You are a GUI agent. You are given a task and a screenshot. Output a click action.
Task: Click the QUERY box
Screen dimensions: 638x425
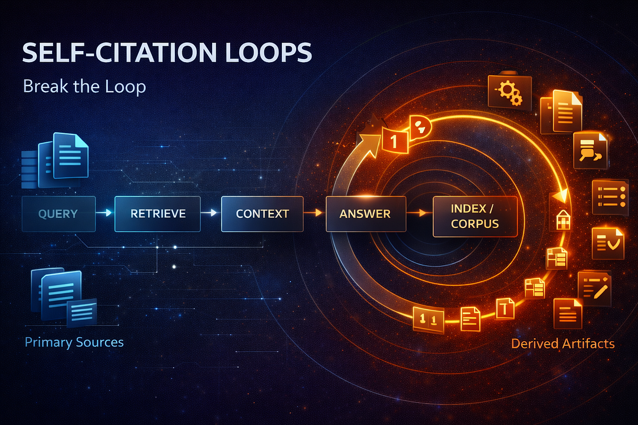coord(58,214)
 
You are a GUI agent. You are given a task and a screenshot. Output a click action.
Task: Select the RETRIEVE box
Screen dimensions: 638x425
coord(157,214)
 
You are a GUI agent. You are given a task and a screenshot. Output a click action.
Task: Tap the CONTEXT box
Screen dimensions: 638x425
coord(262,214)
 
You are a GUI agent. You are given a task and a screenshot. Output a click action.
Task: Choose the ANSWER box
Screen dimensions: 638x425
coord(366,214)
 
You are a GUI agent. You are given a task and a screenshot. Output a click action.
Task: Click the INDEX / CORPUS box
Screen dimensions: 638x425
coord(475,216)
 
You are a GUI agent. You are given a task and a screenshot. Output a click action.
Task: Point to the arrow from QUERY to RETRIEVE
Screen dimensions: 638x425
coord(104,212)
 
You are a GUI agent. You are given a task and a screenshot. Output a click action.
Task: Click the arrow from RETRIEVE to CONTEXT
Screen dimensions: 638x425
coord(209,212)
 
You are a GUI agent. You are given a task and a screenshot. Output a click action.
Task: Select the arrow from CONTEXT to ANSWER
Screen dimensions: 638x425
coord(313,212)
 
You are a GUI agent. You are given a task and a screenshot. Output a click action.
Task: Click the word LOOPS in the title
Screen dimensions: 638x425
coord(269,53)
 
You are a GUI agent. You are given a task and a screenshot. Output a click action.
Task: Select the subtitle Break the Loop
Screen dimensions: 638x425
coord(85,86)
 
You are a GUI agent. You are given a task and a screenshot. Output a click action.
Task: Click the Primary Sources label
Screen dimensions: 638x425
coord(74,342)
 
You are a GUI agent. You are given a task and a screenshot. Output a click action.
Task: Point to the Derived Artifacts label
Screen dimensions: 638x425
coord(563,344)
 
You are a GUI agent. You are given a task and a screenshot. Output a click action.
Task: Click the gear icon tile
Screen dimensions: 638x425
coord(510,92)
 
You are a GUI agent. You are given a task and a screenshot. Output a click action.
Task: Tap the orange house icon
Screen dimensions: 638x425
coord(563,220)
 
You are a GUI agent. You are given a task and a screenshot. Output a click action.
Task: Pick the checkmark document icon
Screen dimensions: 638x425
coord(608,244)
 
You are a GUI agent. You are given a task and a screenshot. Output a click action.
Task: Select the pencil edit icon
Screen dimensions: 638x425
coord(595,288)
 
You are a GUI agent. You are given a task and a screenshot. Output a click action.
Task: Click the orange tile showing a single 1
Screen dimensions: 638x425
coord(394,141)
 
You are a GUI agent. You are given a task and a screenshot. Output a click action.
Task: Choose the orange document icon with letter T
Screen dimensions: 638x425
coord(505,308)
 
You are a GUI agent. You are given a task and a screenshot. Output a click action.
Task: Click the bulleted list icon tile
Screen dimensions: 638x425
coord(610,197)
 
